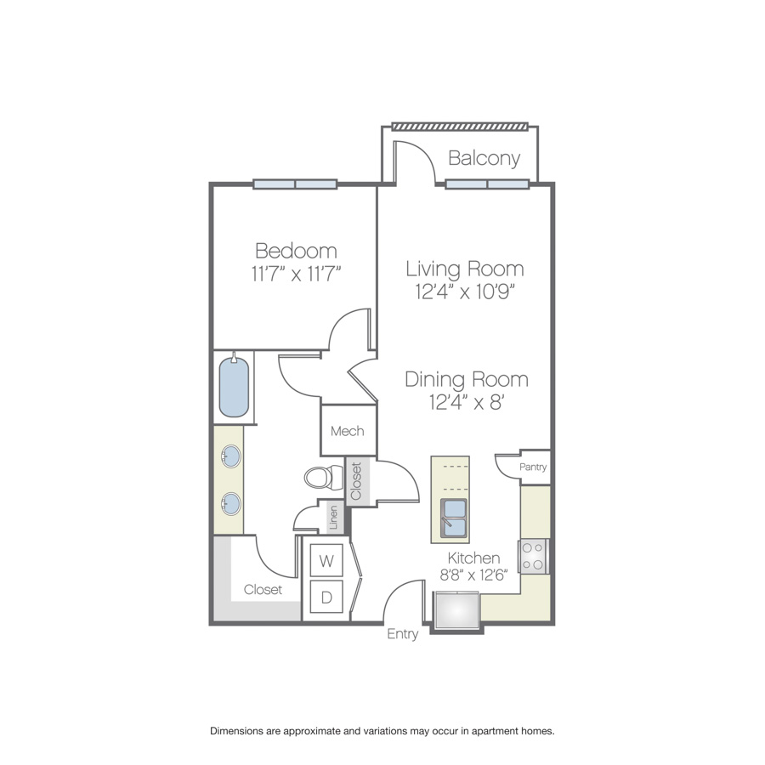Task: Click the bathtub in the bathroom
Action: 234,386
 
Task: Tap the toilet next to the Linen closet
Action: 324,478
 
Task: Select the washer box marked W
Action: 326,561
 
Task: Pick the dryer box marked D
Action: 326,597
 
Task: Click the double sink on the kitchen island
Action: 454,518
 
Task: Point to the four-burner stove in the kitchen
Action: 533,557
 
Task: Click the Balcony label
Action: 484,158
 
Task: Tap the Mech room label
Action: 348,431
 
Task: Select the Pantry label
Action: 533,467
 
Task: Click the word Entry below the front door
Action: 403,634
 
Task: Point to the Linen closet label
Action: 334,517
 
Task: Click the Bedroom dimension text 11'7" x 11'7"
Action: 296,273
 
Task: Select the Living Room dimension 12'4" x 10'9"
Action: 466,292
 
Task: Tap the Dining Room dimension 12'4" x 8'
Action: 467,403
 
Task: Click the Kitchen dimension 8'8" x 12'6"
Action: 473,575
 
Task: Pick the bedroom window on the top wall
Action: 295,184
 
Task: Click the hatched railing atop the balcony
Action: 460,127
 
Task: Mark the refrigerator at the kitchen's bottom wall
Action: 456,609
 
